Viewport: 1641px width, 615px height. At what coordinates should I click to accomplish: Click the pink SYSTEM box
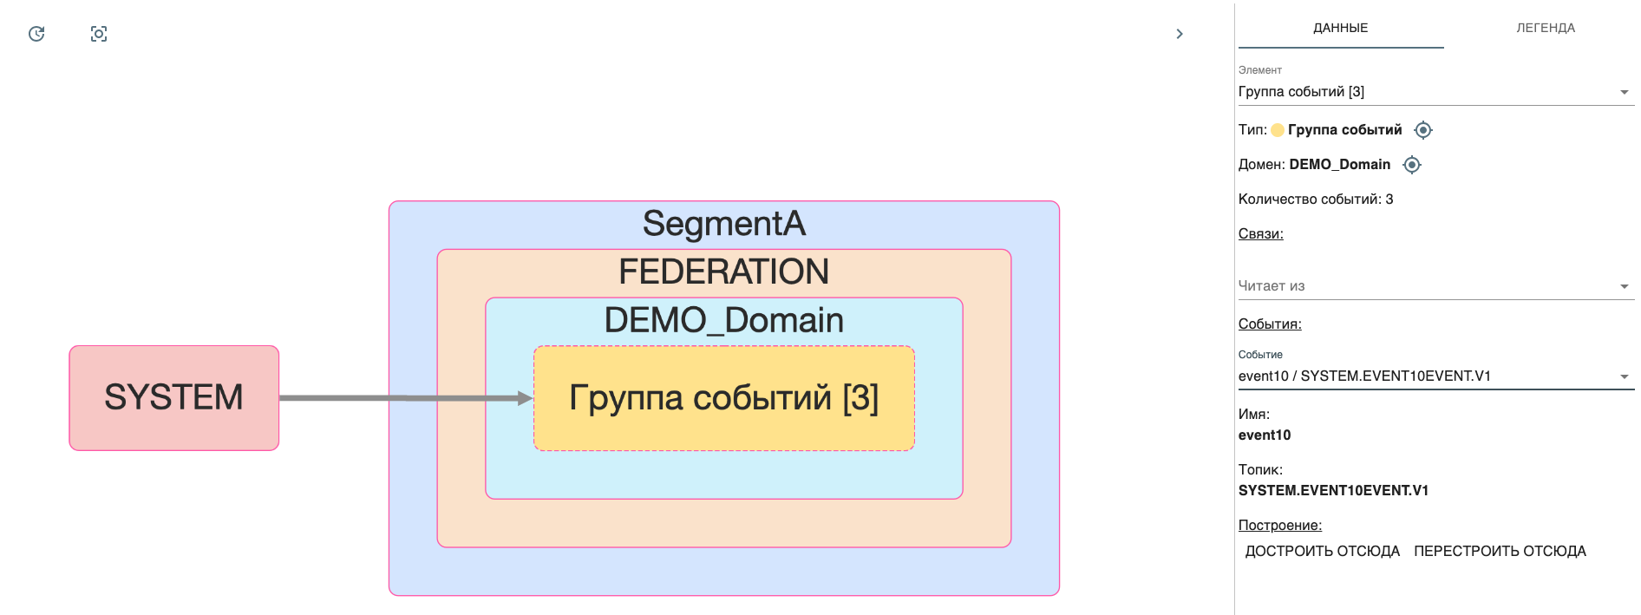click(173, 398)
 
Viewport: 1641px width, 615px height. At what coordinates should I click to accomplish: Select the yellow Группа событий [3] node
click(723, 398)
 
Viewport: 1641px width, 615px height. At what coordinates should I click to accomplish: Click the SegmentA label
click(723, 224)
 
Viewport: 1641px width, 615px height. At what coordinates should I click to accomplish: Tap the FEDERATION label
click(723, 272)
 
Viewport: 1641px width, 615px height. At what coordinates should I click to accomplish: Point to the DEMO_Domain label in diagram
click(723, 321)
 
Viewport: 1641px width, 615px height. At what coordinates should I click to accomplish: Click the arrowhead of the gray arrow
click(525, 398)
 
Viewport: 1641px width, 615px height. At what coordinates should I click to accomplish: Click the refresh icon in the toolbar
click(36, 34)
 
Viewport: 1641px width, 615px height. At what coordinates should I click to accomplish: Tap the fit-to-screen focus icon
click(99, 34)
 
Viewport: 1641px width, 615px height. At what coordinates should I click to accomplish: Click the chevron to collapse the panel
click(1179, 34)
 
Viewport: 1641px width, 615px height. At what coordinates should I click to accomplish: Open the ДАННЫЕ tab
click(1340, 28)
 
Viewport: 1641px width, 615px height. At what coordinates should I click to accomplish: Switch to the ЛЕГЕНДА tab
click(1545, 28)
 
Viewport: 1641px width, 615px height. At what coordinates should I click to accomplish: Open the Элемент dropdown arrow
click(1624, 92)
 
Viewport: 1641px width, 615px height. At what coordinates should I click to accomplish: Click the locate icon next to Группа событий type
click(1422, 130)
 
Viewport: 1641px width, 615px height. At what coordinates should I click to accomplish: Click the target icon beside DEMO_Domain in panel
click(1412, 165)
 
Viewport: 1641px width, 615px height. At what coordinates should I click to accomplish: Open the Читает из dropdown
click(1435, 286)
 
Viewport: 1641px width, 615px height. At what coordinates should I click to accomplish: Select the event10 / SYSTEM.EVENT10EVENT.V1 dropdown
click(1435, 376)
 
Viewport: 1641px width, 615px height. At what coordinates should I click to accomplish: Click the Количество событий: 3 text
click(1315, 200)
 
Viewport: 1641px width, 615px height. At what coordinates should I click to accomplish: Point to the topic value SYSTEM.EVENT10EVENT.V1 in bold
click(1333, 491)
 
